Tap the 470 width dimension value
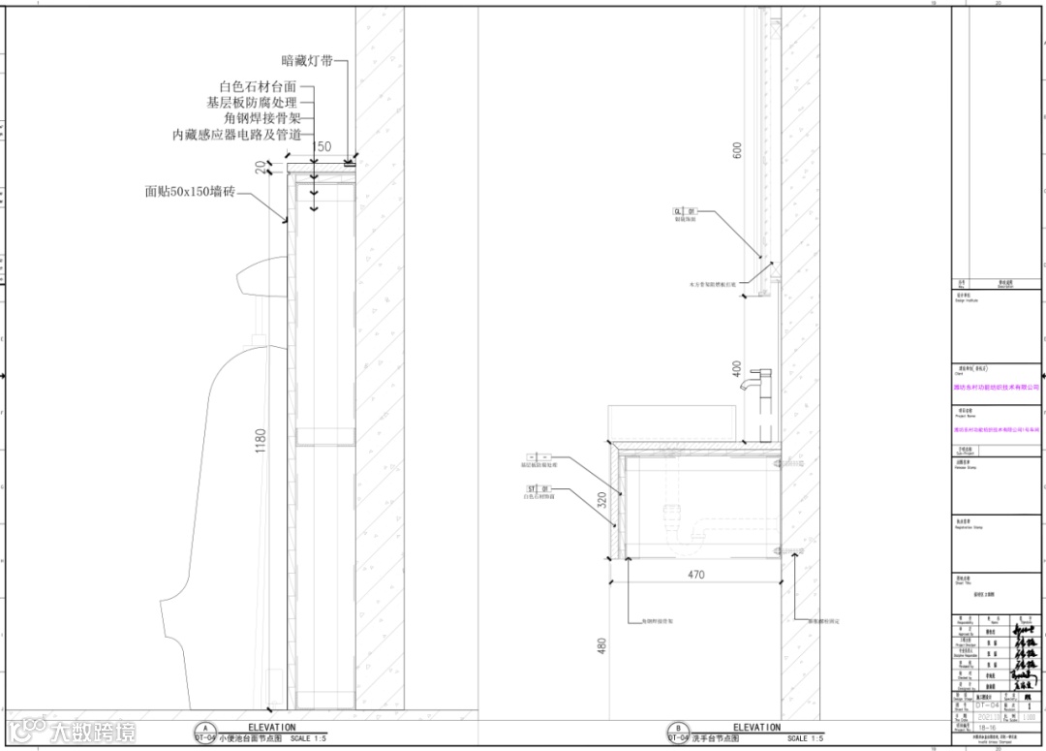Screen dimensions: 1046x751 (695, 575)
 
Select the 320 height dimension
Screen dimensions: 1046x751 (602, 500)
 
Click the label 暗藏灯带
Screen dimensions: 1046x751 (307, 60)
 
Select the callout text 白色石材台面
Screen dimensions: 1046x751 (258, 86)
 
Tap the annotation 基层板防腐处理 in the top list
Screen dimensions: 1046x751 (251, 102)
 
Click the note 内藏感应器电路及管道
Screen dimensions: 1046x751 (236, 135)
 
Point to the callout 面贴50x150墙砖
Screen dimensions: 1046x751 (190, 192)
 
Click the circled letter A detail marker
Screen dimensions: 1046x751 (204, 728)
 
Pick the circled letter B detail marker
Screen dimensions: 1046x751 (677, 728)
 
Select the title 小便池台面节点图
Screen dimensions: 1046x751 (249, 739)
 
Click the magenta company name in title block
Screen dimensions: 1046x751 (997, 386)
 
